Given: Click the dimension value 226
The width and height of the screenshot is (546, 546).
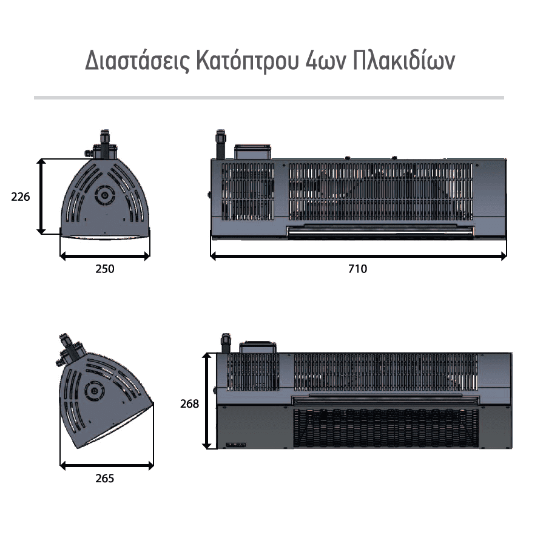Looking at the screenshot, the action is [x=21, y=197].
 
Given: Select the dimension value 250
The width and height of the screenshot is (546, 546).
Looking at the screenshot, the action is [x=105, y=269].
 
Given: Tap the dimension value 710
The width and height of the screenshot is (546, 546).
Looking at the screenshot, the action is [x=358, y=269].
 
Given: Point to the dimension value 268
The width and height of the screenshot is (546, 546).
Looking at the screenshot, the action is [x=189, y=403].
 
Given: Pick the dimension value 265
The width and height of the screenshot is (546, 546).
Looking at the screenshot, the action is [x=105, y=479].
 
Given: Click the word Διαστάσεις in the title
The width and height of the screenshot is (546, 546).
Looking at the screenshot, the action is [x=138, y=61].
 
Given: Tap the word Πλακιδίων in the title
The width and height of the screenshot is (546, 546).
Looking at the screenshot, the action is [x=404, y=60].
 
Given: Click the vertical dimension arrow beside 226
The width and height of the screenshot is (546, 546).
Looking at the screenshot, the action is [x=41, y=197].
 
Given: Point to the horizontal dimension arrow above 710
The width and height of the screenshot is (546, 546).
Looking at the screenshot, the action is [x=359, y=256].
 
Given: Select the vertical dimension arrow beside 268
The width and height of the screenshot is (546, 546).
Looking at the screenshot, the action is [x=207, y=401].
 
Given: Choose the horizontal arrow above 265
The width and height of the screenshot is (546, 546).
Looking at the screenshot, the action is [x=107, y=465].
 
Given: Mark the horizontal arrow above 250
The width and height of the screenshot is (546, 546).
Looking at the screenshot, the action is [x=105, y=256].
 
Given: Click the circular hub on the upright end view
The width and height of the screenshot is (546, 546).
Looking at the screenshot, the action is [x=104, y=195].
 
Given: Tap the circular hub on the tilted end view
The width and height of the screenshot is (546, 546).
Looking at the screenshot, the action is [x=93, y=390].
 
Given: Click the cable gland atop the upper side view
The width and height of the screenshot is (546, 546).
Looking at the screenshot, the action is [x=221, y=144].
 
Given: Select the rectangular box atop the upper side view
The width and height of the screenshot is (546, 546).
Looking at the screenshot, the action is [x=252, y=152].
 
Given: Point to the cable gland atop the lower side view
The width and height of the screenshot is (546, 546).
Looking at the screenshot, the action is [x=226, y=343].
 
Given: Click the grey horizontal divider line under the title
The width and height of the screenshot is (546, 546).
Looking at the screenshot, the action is [x=269, y=98].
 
